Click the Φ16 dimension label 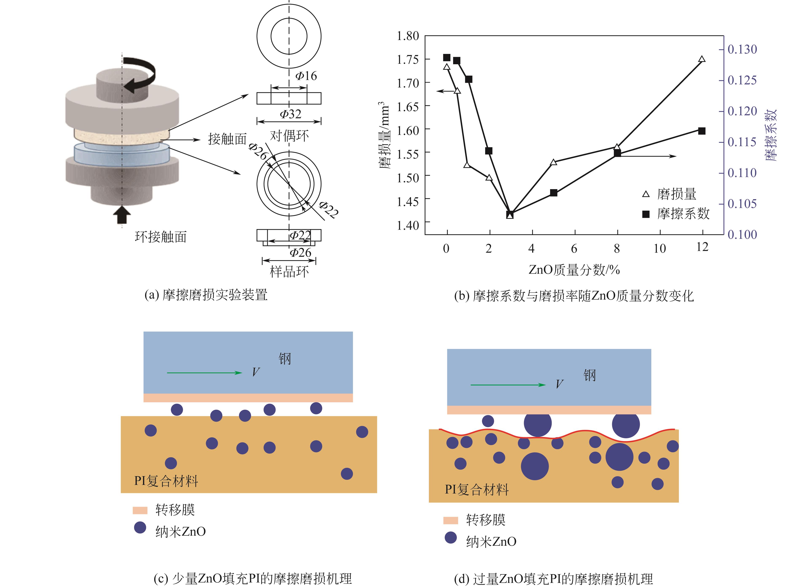[x=306, y=76]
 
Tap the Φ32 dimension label [x=291, y=114]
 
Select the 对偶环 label [x=289, y=136]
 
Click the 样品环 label [x=289, y=272]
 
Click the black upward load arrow [x=122, y=214]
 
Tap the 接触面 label [x=227, y=139]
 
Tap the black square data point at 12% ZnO [x=702, y=131]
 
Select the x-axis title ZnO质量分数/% [x=574, y=270]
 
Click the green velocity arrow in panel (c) [x=205, y=373]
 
